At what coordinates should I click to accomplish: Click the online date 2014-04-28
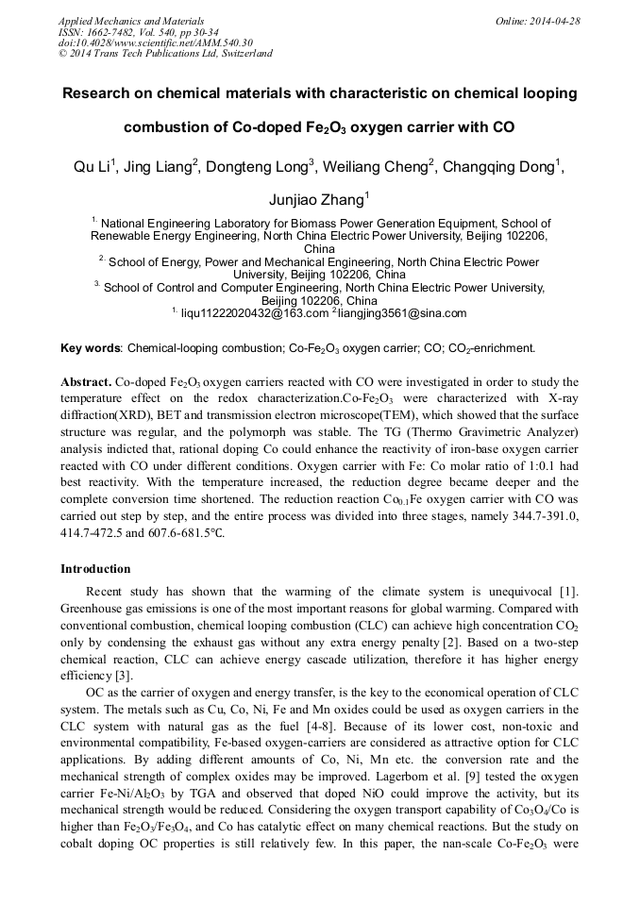552,21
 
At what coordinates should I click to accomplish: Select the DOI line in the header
156,42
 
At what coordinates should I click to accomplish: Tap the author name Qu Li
93,167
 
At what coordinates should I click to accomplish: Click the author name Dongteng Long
260,167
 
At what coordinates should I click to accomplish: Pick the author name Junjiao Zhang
318,198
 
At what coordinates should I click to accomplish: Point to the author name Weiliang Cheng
377,167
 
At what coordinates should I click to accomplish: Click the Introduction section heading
95,569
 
